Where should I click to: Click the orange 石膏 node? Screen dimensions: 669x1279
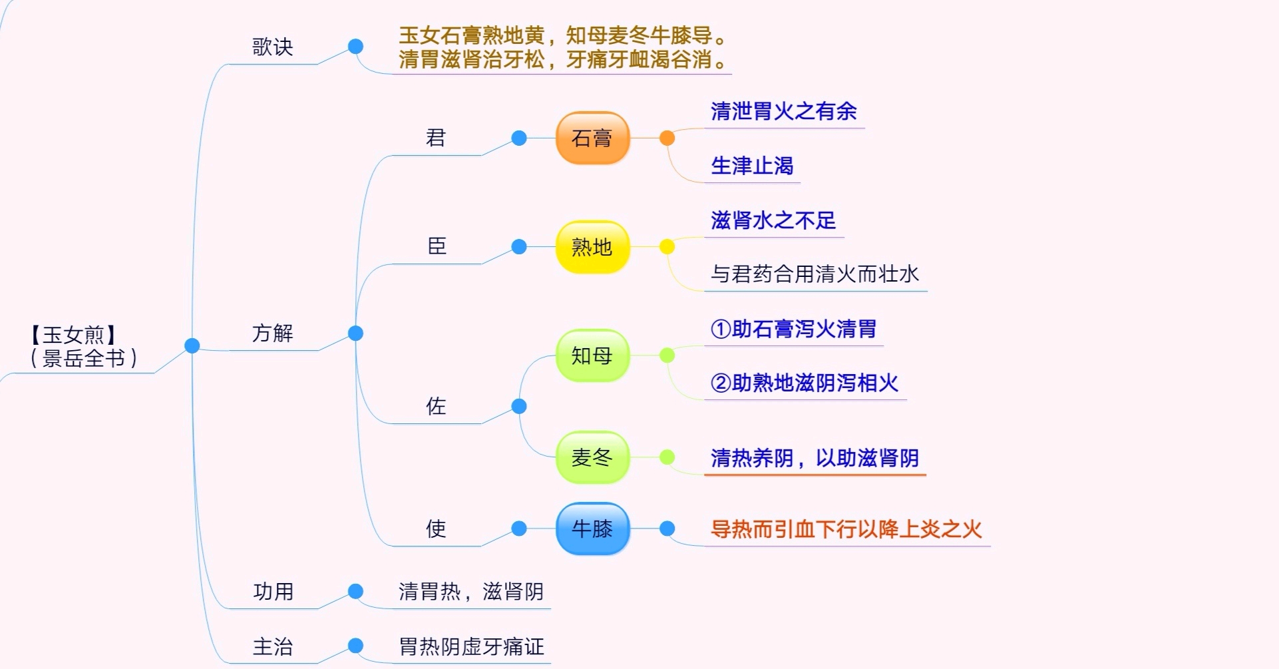(592, 138)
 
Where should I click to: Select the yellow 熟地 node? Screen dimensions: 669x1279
(592, 247)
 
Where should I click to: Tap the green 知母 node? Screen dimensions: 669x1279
(592, 355)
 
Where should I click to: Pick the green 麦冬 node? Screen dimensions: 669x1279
(592, 457)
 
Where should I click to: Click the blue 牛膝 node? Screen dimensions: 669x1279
(592, 529)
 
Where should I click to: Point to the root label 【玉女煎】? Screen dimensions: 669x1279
(73, 335)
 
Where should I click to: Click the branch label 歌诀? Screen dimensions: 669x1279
(273, 47)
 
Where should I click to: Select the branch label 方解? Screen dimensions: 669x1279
(273, 333)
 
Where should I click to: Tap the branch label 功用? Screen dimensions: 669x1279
(273, 591)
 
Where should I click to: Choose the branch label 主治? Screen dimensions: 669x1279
(273, 646)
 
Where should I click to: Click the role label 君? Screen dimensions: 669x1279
(436, 138)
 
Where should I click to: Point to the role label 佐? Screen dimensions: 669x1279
(436, 406)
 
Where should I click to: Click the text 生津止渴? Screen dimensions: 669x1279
(752, 166)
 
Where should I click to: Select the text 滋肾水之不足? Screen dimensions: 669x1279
(773, 220)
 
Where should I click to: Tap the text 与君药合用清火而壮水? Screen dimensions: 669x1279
(815, 274)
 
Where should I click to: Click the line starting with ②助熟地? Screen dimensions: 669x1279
(805, 383)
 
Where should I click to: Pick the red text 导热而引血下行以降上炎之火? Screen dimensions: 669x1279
(846, 529)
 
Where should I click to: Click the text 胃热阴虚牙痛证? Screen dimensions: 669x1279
(471, 646)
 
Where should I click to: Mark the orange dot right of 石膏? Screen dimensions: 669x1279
(667, 138)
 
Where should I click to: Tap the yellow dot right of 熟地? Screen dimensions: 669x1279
(667, 247)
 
